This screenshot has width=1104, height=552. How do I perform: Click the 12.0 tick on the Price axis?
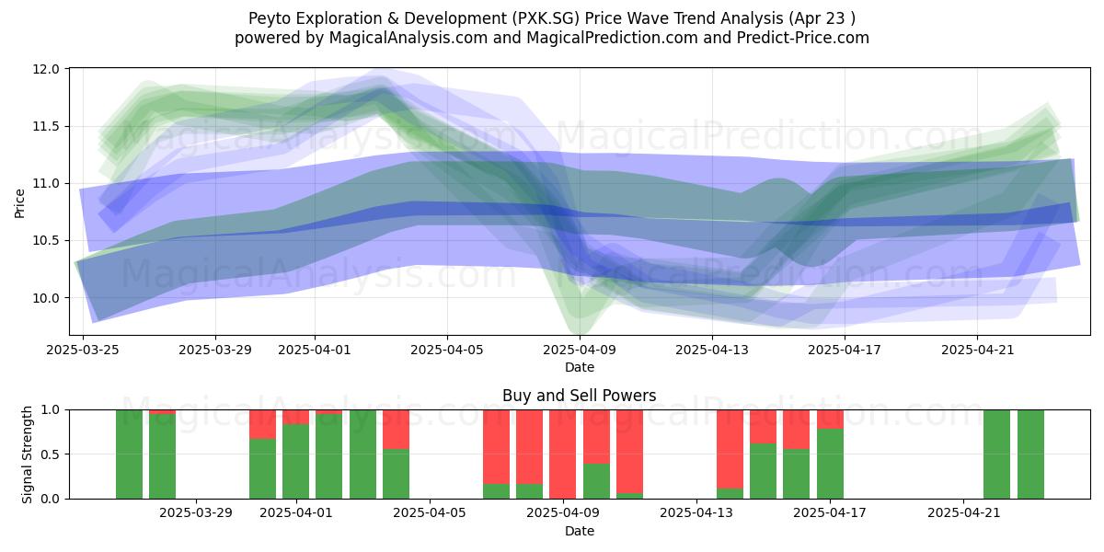point(46,70)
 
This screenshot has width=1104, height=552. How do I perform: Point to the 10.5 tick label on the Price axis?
point(46,241)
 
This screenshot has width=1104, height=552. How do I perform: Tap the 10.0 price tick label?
point(46,298)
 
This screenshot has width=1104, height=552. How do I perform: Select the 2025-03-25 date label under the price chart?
point(83,350)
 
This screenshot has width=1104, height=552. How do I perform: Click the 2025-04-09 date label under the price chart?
point(580,350)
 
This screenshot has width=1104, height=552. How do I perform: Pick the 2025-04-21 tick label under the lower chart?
point(964,513)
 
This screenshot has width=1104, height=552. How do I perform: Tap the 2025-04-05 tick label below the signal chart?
point(430,513)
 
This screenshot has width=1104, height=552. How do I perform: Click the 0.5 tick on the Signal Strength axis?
point(50,454)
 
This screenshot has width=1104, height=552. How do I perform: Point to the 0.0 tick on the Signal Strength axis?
point(50,500)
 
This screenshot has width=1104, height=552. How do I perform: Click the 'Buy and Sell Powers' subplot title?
point(579,396)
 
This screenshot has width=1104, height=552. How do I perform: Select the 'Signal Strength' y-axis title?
point(27,454)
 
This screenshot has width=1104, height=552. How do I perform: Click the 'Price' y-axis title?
point(19,203)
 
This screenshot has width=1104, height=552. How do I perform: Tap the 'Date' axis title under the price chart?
point(580,367)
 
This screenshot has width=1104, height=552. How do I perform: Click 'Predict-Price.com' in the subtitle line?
point(803,38)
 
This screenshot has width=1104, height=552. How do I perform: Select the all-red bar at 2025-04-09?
point(563,454)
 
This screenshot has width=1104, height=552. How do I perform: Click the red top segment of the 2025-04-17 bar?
point(830,420)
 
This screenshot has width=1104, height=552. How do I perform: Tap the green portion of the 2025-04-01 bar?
point(295,461)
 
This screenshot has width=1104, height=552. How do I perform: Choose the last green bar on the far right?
point(1030,454)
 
